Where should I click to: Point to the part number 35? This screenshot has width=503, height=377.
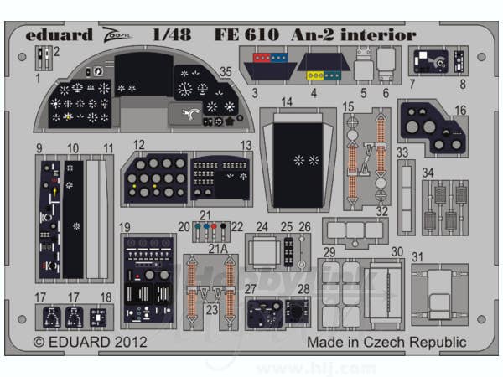225,71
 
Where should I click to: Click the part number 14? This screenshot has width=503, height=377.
287,103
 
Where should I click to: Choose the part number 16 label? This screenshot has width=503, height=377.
460,110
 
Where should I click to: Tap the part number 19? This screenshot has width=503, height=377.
125,227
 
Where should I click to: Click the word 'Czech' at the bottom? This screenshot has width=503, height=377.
382,343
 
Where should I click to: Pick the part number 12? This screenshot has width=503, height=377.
138,145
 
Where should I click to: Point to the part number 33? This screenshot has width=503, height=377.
402,152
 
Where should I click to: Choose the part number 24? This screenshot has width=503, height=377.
262,227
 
